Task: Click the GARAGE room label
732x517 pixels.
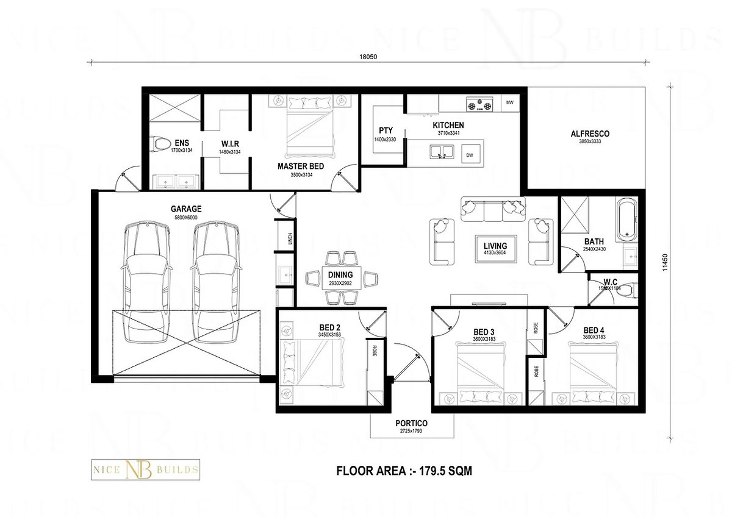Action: pos(186,209)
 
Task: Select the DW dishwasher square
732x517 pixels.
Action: pos(470,155)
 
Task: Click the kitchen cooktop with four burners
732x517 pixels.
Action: pos(479,105)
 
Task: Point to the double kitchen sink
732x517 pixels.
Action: pos(440,151)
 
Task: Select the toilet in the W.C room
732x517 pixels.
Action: pos(622,290)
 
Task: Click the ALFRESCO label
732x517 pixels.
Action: pos(589,134)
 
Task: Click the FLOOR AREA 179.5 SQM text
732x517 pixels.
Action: pos(404,471)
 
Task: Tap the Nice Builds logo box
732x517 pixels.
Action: pos(145,470)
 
